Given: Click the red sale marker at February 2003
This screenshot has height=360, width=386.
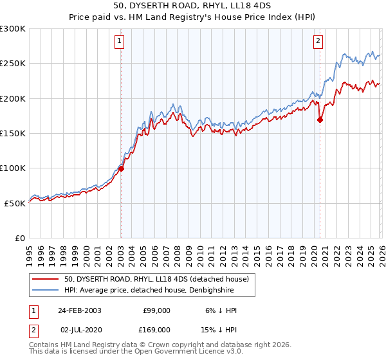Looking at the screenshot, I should (x=121, y=169).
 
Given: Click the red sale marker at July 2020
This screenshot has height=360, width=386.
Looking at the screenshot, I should (x=320, y=120).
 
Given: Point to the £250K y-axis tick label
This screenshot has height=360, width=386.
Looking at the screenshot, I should (x=13, y=64).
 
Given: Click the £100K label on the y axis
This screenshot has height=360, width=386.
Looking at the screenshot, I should (x=13, y=168).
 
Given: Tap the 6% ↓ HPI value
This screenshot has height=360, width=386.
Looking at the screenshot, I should (x=220, y=310).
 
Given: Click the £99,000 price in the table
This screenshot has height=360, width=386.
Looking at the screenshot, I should (x=156, y=310).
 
